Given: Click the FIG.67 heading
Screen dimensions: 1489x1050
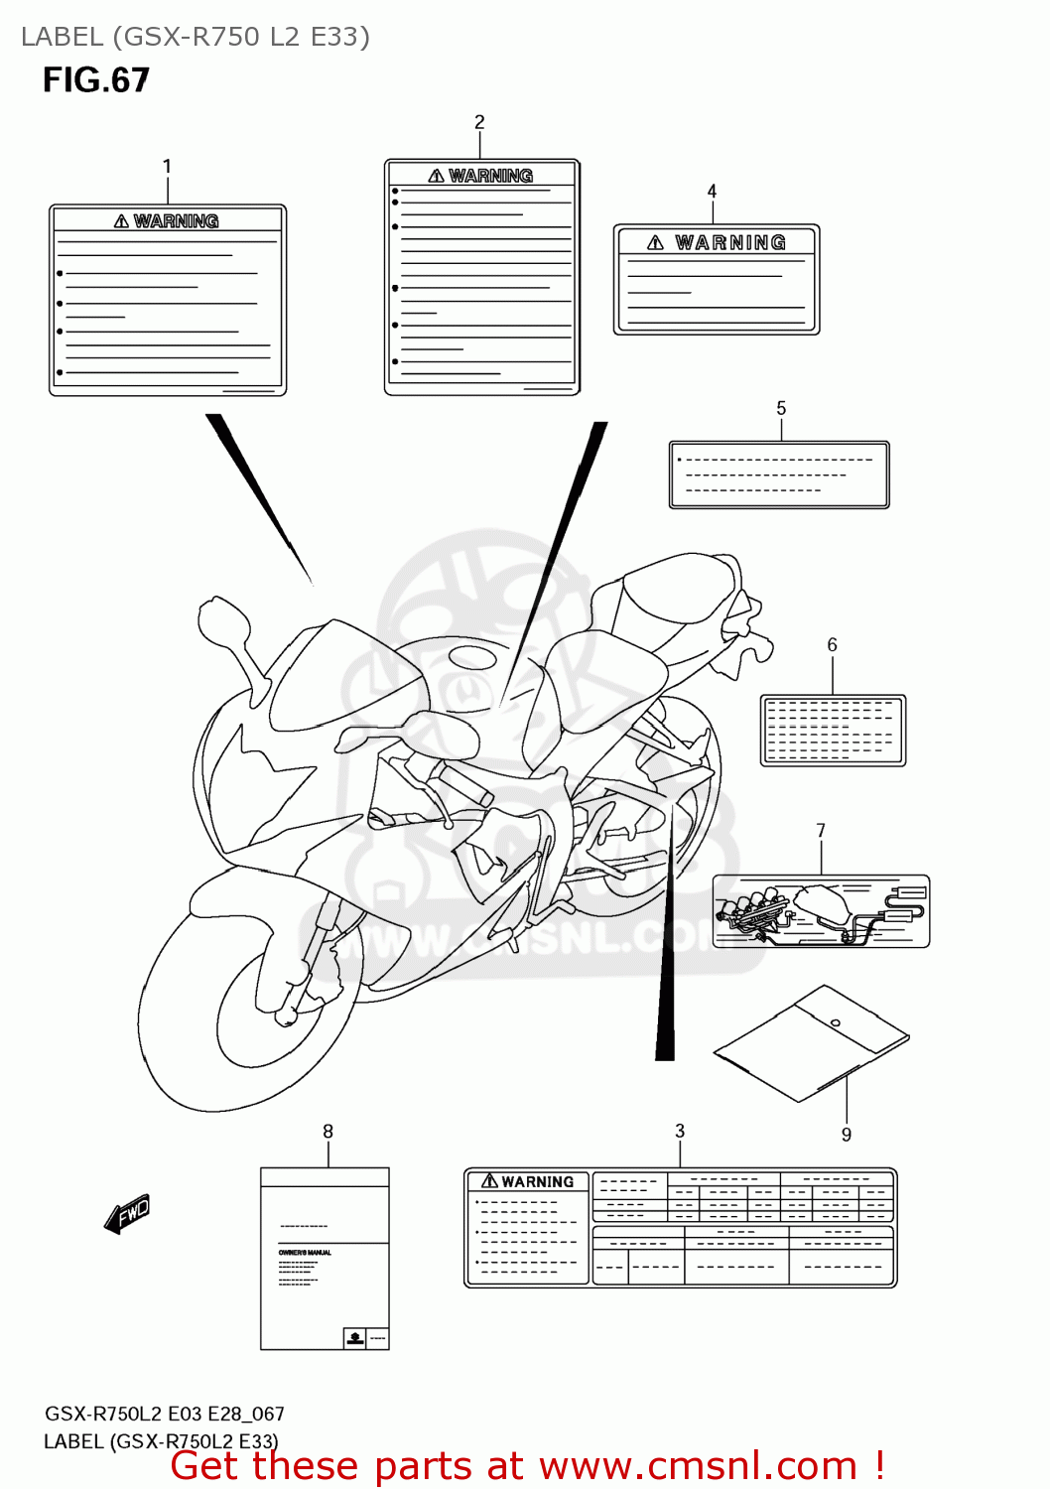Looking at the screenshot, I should pyautogui.click(x=96, y=80).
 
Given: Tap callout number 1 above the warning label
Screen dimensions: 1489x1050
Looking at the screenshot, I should pyautogui.click(x=167, y=167).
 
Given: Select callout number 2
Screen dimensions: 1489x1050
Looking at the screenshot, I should pyautogui.click(x=479, y=122).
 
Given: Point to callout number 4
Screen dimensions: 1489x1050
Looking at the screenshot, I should pyautogui.click(x=712, y=191).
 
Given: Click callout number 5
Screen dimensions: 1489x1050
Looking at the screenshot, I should pyautogui.click(x=781, y=408).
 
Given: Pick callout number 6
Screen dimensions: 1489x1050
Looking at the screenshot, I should pyautogui.click(x=833, y=645).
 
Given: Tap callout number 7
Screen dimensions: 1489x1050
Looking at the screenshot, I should pyautogui.click(x=821, y=831).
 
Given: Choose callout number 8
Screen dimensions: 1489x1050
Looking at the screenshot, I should pyautogui.click(x=328, y=1132).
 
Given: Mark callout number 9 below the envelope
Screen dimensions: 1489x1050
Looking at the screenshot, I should pyautogui.click(x=847, y=1135).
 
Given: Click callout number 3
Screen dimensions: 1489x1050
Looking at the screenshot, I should pyautogui.click(x=680, y=1131).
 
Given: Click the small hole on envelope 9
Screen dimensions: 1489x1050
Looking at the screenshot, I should pyautogui.click(x=836, y=1023).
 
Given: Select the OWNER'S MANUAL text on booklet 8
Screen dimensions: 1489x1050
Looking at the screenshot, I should pyautogui.click(x=305, y=1253).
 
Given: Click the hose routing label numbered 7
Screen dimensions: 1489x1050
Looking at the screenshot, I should pyautogui.click(x=821, y=911).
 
